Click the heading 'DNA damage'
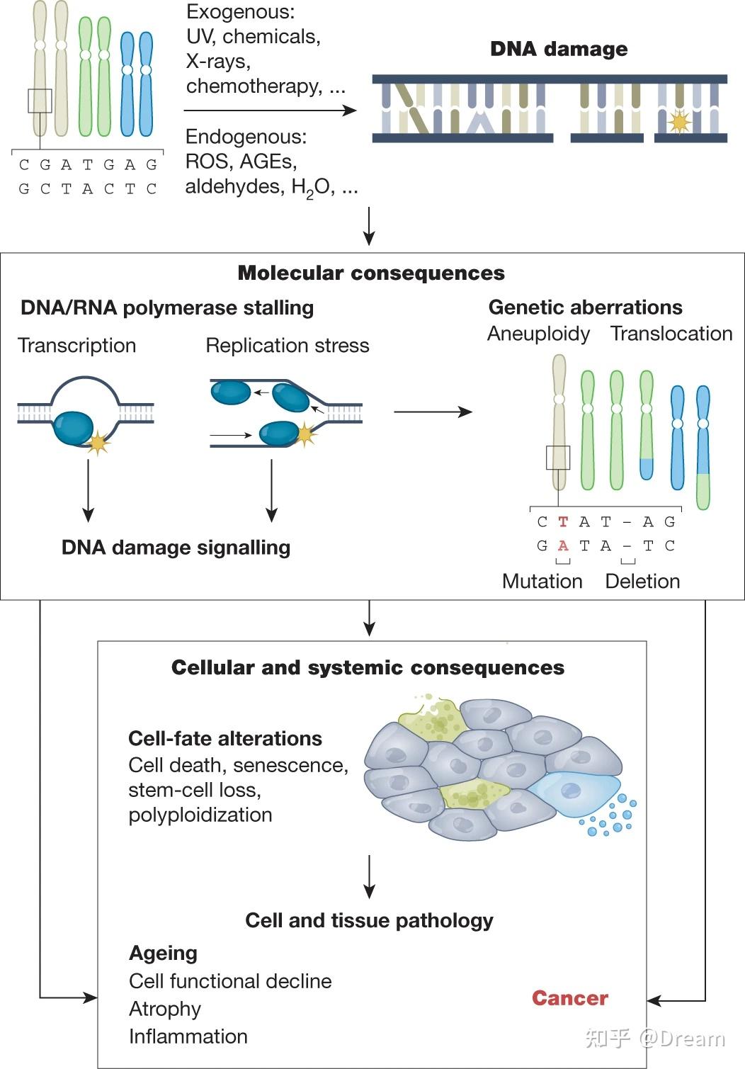[559, 49]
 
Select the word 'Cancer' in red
[569, 998]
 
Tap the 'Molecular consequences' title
[371, 273]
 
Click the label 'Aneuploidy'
[538, 334]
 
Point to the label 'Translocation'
[671, 334]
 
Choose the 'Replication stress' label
[287, 346]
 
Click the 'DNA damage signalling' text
[176, 548]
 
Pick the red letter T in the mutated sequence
[563, 522]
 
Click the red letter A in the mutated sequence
[563, 546]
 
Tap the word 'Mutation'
[542, 582]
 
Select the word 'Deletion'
[642, 582]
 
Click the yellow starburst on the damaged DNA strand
[679, 122]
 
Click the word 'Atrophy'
[165, 1009]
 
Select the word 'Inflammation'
[188, 1036]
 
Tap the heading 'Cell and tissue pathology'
[369, 920]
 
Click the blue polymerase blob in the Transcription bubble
[73, 429]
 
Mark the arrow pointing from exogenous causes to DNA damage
[270, 111]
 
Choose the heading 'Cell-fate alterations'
[225, 739]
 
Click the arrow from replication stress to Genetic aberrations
[433, 412]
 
